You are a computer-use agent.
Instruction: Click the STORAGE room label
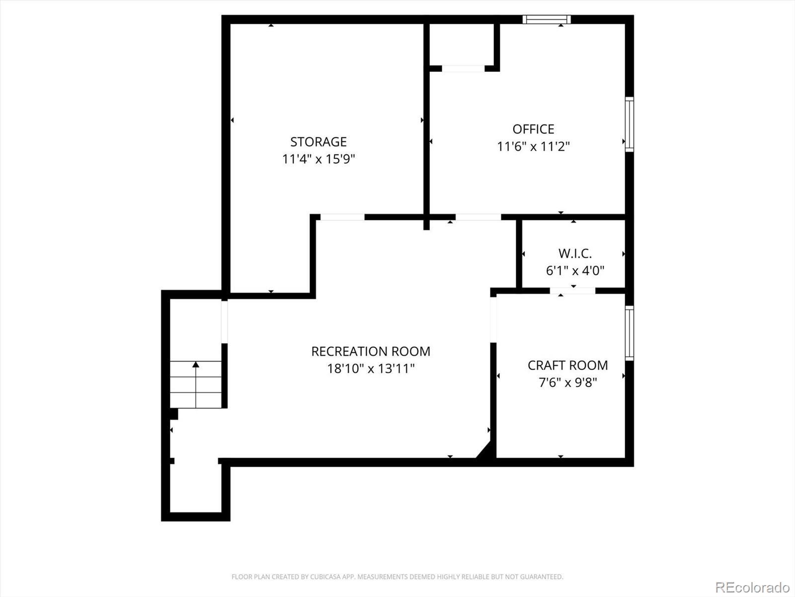click(x=318, y=142)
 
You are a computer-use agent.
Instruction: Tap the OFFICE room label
click(x=533, y=129)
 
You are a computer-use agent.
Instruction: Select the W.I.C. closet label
click(x=575, y=254)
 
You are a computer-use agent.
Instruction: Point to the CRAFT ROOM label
click(x=567, y=365)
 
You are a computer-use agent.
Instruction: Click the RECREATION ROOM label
click(x=371, y=352)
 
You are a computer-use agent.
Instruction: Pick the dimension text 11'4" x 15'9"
click(x=318, y=159)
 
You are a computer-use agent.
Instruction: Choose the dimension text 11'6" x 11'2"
click(x=533, y=147)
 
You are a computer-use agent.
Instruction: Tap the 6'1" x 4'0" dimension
click(x=575, y=271)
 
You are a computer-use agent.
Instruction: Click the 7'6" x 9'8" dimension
click(x=567, y=383)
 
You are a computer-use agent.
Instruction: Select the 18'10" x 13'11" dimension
click(x=371, y=369)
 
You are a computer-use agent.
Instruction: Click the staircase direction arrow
click(x=196, y=385)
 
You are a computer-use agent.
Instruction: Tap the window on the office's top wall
click(x=547, y=19)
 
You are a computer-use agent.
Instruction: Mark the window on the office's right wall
click(x=630, y=124)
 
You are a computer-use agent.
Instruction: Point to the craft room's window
click(x=630, y=333)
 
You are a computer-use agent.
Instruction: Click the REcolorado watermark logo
click(x=753, y=587)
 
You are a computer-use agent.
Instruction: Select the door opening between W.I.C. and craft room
click(x=572, y=291)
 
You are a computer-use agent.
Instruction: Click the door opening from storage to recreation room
click(x=342, y=217)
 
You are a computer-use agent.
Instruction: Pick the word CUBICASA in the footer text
click(x=324, y=576)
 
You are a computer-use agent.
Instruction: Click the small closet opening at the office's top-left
click(x=463, y=69)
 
